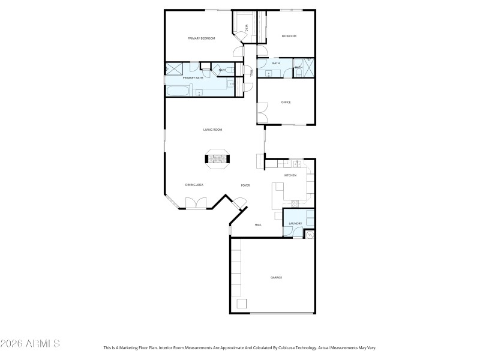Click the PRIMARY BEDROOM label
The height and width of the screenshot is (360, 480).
tap(201, 38)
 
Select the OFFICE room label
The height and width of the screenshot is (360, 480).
tap(286, 103)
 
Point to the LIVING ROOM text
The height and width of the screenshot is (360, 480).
tap(212, 130)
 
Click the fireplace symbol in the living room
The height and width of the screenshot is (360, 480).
tap(217, 159)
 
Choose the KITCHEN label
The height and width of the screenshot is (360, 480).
tap(290, 175)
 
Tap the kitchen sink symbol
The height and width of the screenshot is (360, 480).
tap(296, 162)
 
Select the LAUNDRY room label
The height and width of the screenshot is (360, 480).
tap(295, 224)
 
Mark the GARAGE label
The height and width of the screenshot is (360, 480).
tap(276, 278)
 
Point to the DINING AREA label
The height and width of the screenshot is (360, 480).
tap(194, 185)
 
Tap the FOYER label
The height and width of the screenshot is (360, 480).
tap(245, 185)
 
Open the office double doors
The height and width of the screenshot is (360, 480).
tap(262, 112)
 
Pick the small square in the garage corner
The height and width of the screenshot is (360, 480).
tap(242, 304)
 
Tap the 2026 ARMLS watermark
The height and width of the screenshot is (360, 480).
tap(30, 344)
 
